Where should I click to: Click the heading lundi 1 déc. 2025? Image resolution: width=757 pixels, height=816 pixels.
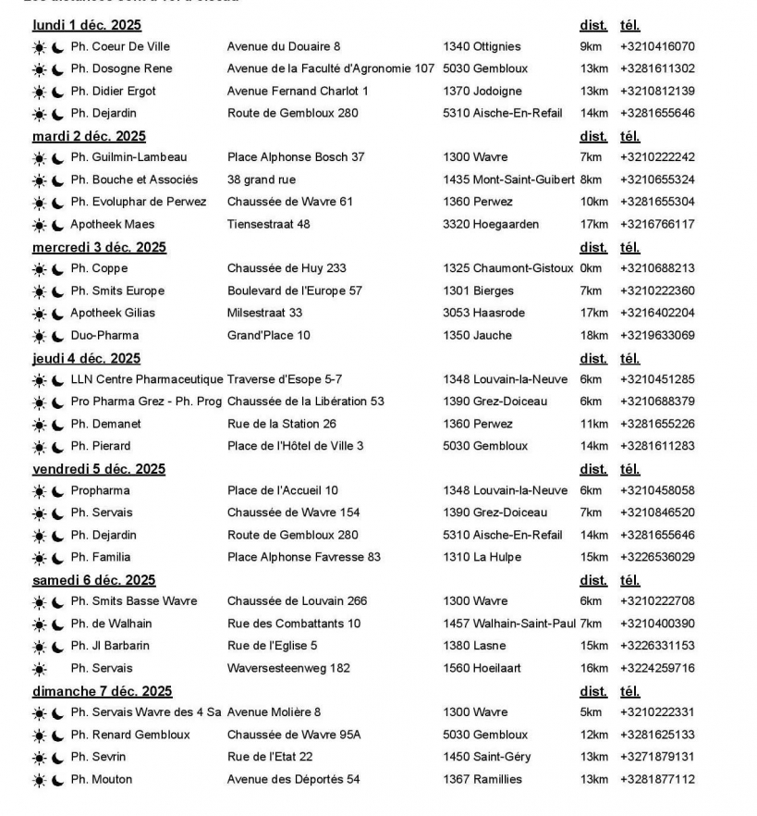click(x=87, y=25)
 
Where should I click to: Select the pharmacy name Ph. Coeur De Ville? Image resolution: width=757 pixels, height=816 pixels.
click(x=120, y=46)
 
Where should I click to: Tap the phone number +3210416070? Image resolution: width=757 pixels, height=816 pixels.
click(x=657, y=46)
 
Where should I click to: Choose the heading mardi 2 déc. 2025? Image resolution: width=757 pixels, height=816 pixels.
click(x=89, y=136)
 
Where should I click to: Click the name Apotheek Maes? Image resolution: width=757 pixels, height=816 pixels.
click(x=112, y=224)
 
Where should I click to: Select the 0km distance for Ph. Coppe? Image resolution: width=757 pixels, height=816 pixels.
click(x=590, y=268)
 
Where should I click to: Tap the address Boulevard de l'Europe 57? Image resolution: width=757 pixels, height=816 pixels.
click(x=295, y=291)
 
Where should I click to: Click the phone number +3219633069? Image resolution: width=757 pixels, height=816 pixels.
click(x=657, y=335)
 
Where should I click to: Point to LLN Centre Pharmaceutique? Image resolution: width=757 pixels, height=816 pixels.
click(x=147, y=379)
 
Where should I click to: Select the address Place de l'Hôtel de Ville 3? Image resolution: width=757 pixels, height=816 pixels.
click(x=295, y=446)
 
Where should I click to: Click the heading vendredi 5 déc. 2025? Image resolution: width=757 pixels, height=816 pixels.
click(x=99, y=469)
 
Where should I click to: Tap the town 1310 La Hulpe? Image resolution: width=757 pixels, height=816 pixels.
click(x=482, y=557)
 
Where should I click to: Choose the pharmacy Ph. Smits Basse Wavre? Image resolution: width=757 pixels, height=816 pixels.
click(x=134, y=601)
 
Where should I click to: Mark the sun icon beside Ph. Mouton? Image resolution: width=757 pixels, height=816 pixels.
click(x=39, y=780)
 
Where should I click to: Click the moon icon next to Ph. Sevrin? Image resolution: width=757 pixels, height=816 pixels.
click(x=58, y=758)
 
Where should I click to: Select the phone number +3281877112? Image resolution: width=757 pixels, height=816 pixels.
click(x=657, y=779)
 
